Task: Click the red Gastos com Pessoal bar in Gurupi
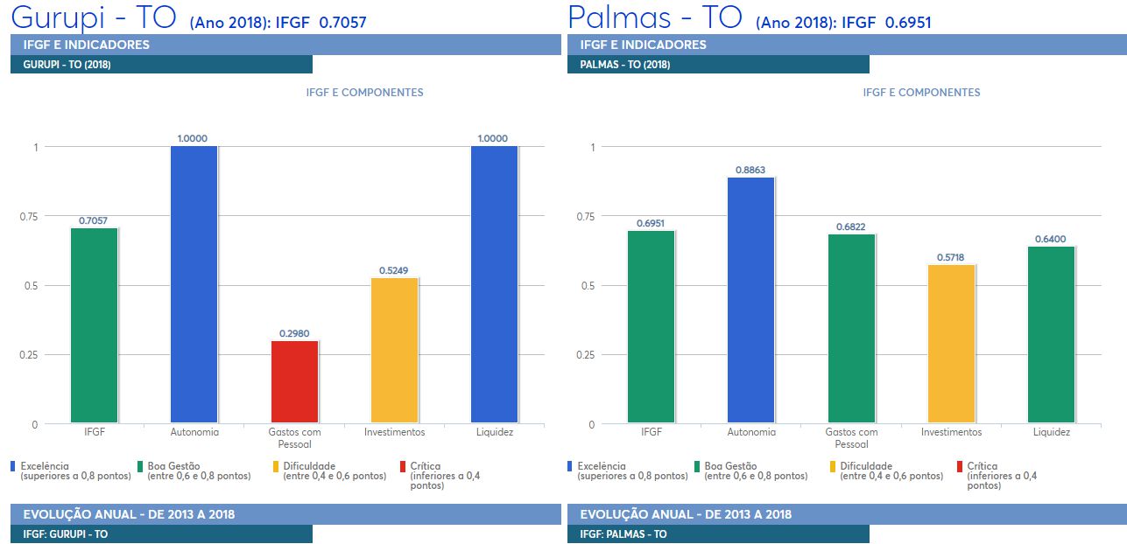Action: click(x=294, y=381)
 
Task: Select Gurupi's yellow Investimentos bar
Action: click(x=394, y=350)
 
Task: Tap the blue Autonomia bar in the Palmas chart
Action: click(x=750, y=300)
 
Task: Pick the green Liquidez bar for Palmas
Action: click(x=1051, y=335)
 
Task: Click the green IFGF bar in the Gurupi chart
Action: click(x=94, y=325)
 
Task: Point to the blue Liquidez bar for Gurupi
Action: click(x=494, y=284)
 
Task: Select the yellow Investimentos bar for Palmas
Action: click(x=951, y=344)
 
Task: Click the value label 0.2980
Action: click(x=294, y=333)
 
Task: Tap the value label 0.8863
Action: click(x=750, y=170)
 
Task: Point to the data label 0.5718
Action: click(x=950, y=257)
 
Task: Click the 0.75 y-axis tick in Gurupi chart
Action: click(x=29, y=217)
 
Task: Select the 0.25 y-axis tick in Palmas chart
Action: click(x=585, y=355)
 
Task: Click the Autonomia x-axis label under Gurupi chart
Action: click(x=194, y=432)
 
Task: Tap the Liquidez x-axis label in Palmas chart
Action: click(x=1051, y=432)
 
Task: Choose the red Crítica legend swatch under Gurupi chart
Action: click(x=403, y=467)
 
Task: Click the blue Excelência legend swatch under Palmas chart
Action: click(x=569, y=467)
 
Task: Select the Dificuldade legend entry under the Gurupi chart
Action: click(x=329, y=471)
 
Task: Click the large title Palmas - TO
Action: click(x=654, y=17)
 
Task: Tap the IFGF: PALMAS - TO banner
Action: click(x=718, y=534)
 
